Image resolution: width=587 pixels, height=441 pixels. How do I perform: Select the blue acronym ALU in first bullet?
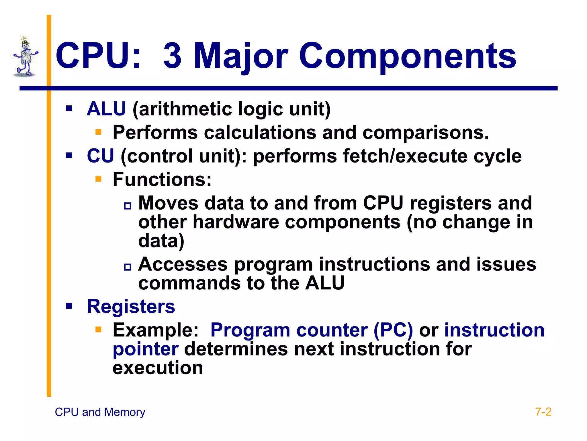[106, 109]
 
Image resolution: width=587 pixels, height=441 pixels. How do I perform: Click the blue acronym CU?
[100, 156]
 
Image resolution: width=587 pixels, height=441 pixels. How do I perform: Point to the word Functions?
[162, 180]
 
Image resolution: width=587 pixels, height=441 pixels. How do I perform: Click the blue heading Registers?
[131, 307]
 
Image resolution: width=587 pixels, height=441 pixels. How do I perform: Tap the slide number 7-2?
[543, 412]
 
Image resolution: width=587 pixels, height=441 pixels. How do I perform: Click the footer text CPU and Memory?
[100, 412]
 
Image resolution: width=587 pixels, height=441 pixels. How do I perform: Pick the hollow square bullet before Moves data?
[128, 206]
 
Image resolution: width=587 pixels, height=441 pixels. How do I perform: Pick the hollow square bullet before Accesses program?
[128, 267]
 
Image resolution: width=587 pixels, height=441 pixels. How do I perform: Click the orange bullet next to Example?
[99, 329]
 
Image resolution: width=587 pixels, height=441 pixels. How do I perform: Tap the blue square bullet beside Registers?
[69, 306]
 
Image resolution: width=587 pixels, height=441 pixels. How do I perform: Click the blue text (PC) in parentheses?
[393, 330]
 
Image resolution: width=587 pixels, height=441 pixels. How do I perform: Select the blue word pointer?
[146, 349]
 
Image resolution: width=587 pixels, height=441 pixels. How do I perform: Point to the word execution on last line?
[158, 368]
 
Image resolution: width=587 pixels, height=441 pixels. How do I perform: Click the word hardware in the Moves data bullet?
[236, 222]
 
